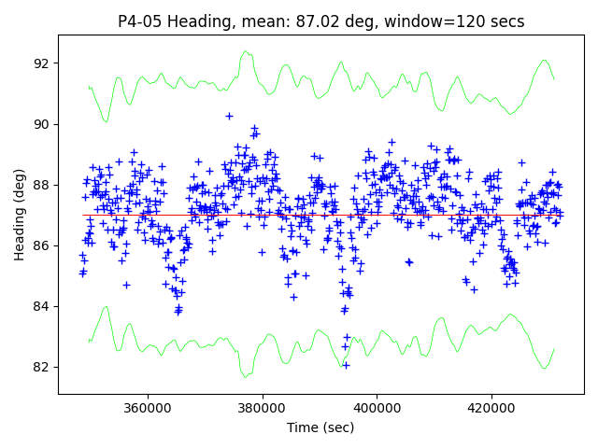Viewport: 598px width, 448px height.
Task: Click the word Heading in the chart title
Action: click(x=190, y=21)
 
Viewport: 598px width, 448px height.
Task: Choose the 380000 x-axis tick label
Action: click(x=263, y=408)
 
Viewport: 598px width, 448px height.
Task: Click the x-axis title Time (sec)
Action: click(x=320, y=427)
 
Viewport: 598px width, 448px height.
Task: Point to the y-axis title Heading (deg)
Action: click(x=19, y=215)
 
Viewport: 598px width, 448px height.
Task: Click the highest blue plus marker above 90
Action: click(x=229, y=116)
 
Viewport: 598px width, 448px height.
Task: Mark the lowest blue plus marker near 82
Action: click(x=346, y=365)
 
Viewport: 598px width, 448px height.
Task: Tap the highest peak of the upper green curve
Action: click(x=246, y=51)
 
